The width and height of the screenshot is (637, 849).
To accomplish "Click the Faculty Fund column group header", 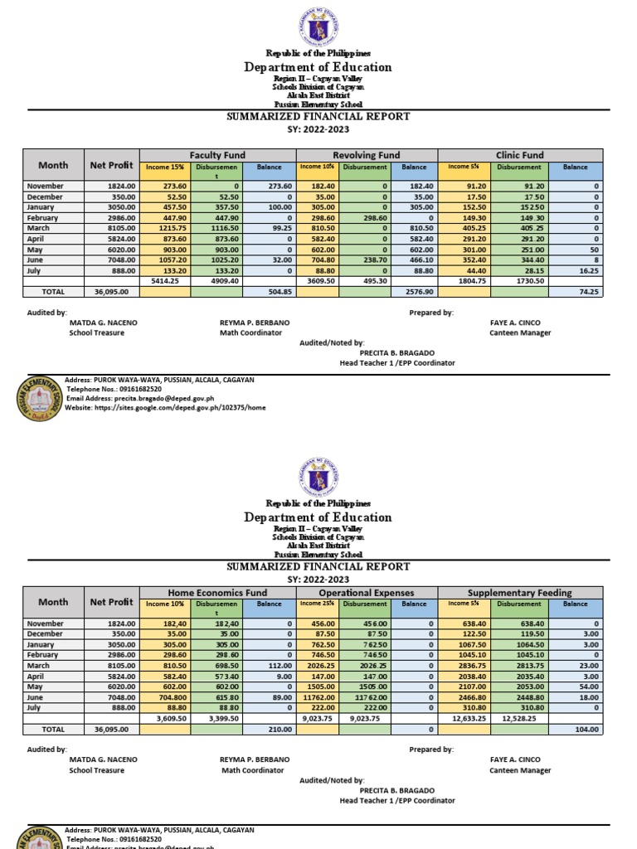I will pos(218,155).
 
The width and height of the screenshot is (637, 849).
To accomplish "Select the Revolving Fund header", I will pos(367,155).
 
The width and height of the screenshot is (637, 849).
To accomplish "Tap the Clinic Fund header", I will pos(519,155).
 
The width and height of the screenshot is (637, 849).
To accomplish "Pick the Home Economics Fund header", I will pos(218,593).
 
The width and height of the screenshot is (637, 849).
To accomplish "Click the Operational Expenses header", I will pos(367,593).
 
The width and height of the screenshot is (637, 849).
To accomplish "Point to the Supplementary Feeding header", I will pos(519,593).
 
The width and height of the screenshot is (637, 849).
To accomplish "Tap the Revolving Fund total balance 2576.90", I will pos(417,292).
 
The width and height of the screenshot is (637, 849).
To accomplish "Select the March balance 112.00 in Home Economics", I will pos(273,665).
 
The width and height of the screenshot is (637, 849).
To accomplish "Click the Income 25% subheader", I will pos(317,604).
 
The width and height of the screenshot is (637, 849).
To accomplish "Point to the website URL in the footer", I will pos(166,408).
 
